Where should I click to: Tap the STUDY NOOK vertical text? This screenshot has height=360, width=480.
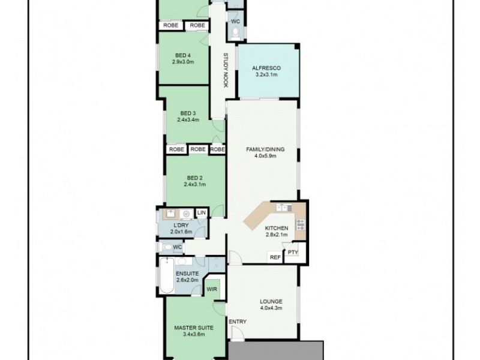coord(226,71)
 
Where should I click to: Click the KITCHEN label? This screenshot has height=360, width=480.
coord(277,228)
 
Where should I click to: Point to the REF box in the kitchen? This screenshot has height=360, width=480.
coord(275,257)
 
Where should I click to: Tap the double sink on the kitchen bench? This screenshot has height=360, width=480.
coord(281,208)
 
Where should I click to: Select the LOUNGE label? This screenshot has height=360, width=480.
coord(271,301)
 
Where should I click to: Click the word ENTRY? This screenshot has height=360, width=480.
coord(238,322)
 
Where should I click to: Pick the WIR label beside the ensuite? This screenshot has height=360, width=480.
coord(212,289)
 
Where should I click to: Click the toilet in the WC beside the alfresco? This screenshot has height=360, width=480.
coord(235,32)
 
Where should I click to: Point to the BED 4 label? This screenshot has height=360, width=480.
coord(181,54)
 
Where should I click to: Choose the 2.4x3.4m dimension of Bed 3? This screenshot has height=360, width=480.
coord(188,120)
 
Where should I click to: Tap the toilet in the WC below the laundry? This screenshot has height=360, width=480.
coord(166,247)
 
